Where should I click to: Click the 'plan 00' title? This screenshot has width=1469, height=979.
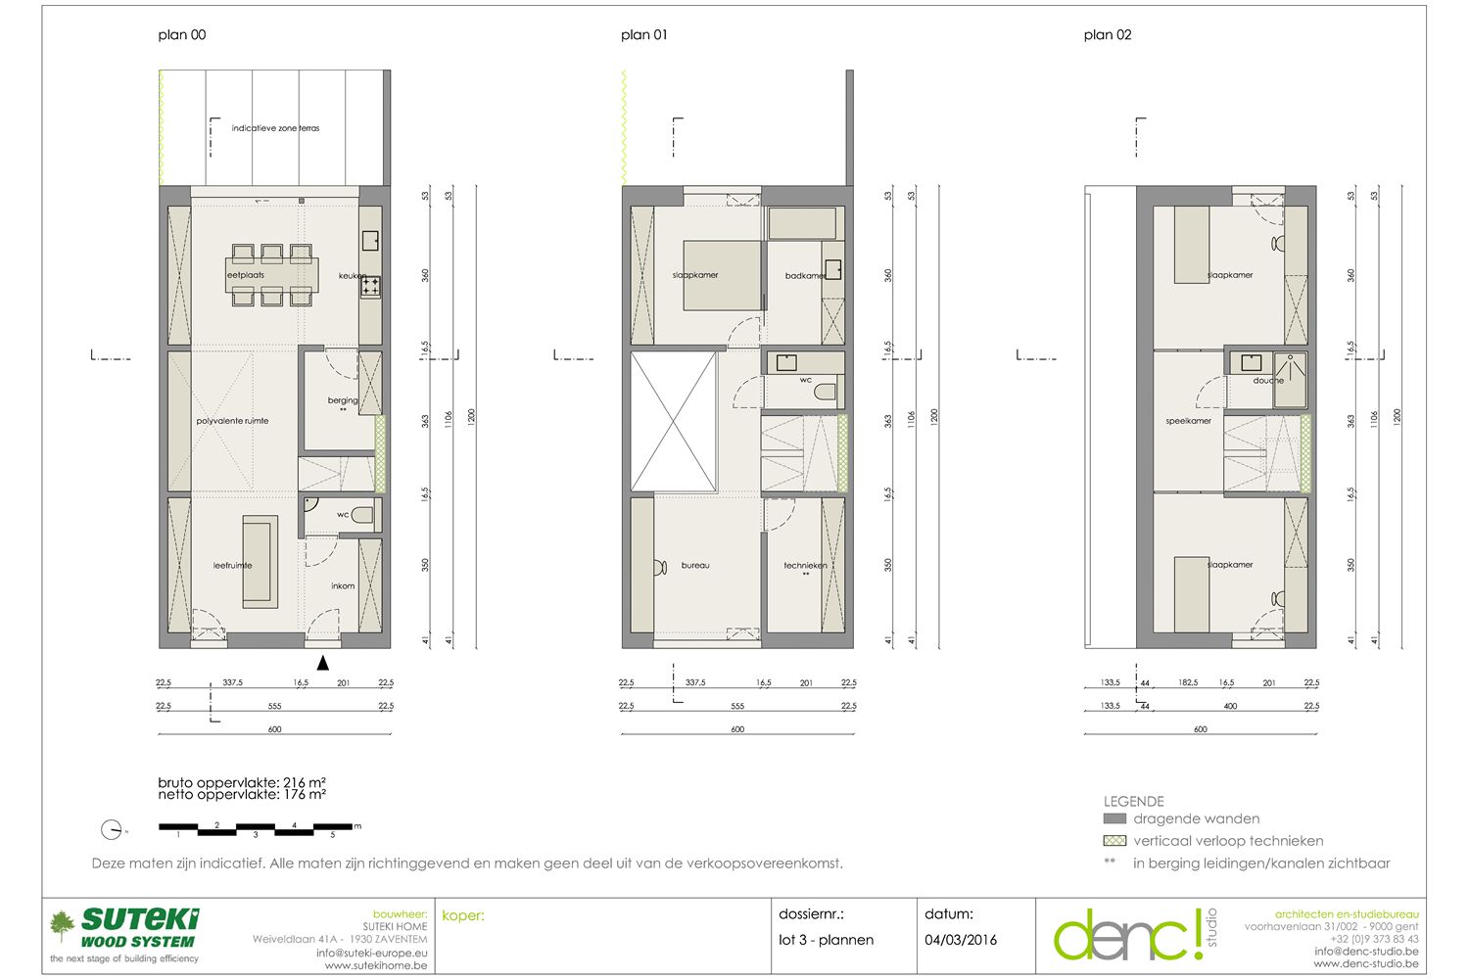[x=182, y=35]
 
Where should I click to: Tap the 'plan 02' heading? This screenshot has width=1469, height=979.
[x=1108, y=35]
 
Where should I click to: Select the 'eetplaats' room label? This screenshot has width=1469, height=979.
[x=246, y=275]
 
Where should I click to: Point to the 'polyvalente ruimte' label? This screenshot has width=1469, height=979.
[x=232, y=421]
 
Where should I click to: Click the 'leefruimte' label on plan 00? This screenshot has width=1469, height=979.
[x=233, y=565]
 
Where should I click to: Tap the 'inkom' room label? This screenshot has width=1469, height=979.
[x=343, y=586]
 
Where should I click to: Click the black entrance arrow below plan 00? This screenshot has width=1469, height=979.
[x=323, y=663]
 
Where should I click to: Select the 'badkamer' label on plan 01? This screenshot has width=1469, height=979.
[x=804, y=276]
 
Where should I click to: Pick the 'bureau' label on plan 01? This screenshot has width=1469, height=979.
[x=695, y=565]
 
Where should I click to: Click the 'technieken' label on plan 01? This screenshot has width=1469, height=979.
[x=805, y=565]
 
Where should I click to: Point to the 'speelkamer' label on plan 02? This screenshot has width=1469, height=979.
[x=1189, y=421]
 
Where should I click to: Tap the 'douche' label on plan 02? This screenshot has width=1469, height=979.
[x=1268, y=381]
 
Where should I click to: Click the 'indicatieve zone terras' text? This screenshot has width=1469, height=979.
[x=275, y=128]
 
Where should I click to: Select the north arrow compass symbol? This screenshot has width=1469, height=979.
[x=112, y=829]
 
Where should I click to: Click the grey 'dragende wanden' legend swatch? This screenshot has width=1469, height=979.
[x=1114, y=818]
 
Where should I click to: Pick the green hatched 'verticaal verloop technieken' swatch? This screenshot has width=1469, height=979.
[x=1114, y=841]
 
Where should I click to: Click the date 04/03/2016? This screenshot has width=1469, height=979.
[x=961, y=940]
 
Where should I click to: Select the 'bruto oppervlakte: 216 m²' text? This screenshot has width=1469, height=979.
[x=242, y=782]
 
